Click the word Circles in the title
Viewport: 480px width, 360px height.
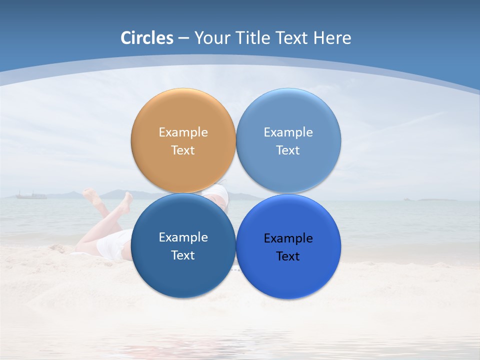146,38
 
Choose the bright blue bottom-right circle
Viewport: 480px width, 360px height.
288,277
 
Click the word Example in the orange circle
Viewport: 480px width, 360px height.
183,132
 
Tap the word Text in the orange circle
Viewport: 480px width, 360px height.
183,150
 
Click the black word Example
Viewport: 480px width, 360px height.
288,238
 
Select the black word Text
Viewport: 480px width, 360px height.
288,256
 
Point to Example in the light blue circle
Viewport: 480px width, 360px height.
288,132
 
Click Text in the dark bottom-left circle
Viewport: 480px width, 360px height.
183,255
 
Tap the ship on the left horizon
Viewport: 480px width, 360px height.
31,195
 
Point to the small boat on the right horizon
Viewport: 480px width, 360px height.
409,199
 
